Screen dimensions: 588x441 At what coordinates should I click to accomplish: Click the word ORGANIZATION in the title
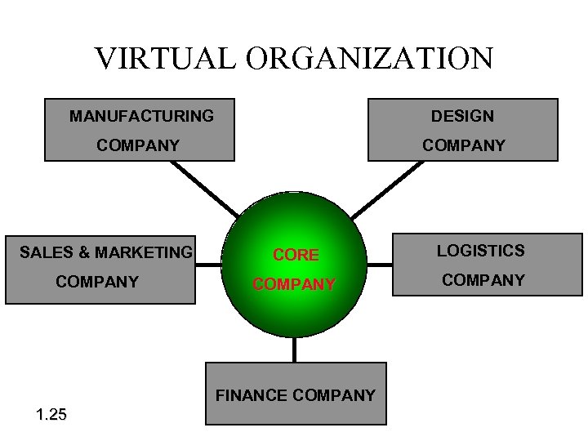(367, 58)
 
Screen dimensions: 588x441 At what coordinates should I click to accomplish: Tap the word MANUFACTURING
(141, 116)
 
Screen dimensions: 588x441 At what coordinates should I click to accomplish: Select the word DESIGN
(462, 116)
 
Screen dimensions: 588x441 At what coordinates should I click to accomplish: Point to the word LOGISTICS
(480, 251)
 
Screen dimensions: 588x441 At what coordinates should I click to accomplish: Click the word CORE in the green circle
(296, 255)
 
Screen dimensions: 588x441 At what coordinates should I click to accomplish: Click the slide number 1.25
(51, 415)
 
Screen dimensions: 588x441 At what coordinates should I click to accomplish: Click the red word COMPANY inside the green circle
(294, 284)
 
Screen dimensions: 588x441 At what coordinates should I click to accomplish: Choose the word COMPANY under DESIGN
(463, 145)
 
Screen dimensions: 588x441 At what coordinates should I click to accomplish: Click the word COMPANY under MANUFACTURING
(138, 145)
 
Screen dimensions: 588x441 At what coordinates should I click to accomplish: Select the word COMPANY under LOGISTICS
(483, 280)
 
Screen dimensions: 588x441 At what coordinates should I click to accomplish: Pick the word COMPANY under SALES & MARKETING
(96, 282)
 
